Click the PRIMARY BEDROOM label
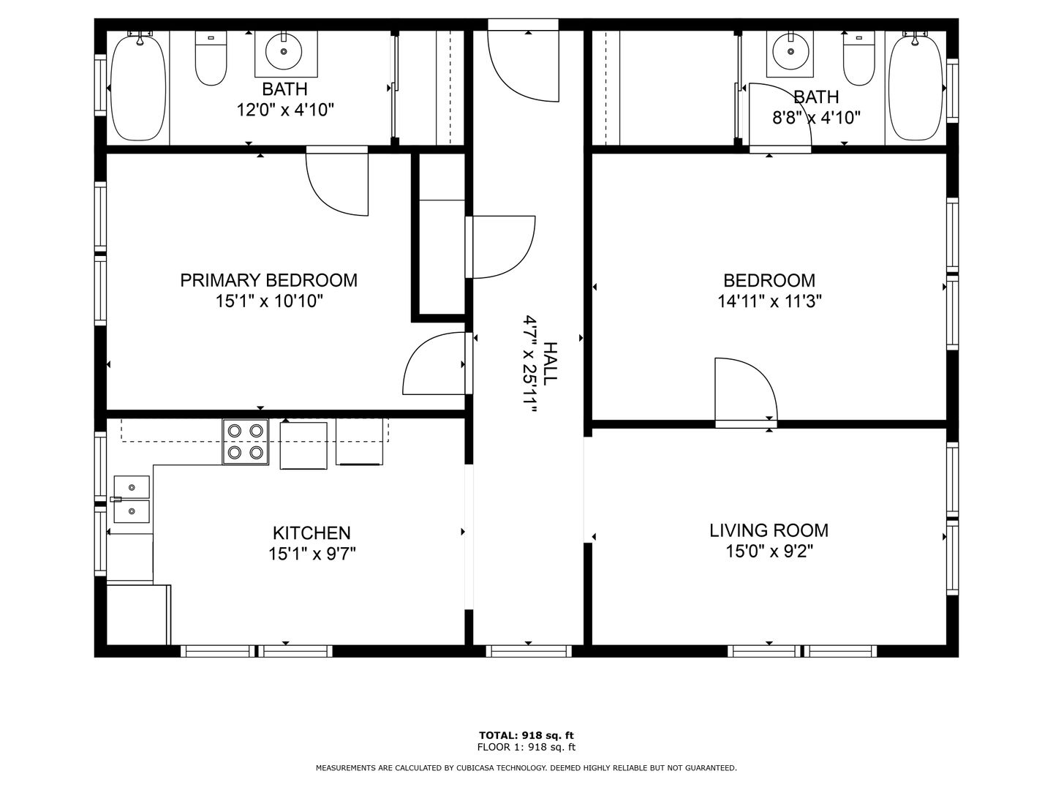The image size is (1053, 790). (268, 280)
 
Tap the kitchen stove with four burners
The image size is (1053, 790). (245, 442)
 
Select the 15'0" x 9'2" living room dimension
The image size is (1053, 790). (769, 552)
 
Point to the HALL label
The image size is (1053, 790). (550, 364)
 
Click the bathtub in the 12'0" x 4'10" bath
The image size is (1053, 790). (138, 87)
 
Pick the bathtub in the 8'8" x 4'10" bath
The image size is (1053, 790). (916, 87)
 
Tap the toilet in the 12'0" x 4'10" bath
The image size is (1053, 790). (211, 59)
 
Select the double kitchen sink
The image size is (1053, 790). (132, 500)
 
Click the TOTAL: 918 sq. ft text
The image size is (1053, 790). (526, 735)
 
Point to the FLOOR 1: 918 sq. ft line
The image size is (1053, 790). (526, 747)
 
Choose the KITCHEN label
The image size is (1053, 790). (312, 533)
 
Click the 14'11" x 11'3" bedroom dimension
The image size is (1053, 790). (769, 301)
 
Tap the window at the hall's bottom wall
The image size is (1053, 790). (529, 651)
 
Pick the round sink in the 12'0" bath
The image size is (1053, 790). (284, 51)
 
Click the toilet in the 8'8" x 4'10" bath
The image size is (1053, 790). (858, 59)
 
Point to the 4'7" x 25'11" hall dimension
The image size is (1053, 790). (529, 364)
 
